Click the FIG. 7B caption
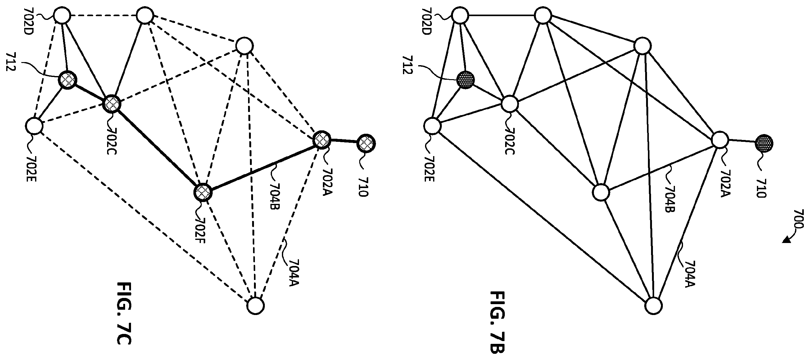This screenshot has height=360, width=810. (x=497, y=322)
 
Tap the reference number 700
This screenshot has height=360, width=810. (x=799, y=219)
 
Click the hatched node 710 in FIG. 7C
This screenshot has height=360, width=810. (x=366, y=143)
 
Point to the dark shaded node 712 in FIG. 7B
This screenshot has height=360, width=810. (x=465, y=80)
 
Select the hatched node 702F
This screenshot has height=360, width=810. (x=203, y=192)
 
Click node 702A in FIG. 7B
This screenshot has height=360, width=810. (x=720, y=140)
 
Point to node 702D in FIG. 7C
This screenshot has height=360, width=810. (x=62, y=15)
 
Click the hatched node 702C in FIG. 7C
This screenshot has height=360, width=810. (x=112, y=103)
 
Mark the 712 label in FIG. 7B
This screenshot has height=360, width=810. (x=407, y=65)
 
